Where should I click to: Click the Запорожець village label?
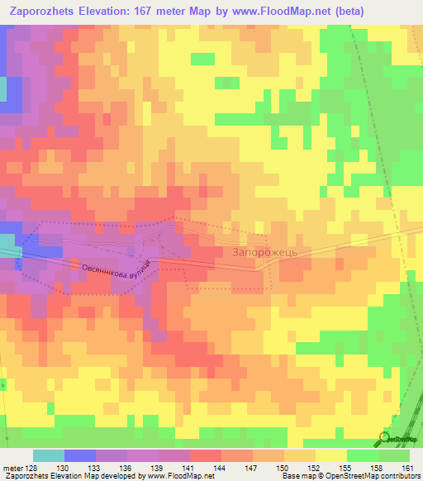point(270,252)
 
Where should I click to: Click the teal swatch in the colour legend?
point(49,455)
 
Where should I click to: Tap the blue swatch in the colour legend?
point(80,455)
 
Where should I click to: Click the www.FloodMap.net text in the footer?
point(178,476)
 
